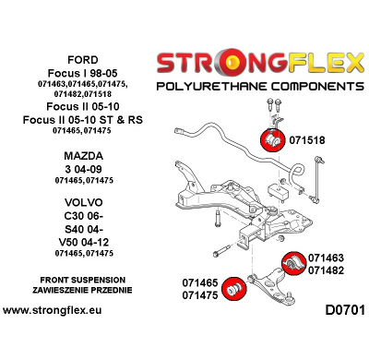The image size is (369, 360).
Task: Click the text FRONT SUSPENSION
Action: click(x=78, y=278)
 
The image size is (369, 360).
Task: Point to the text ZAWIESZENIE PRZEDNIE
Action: click(x=78, y=290)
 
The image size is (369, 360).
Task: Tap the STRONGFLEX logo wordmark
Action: click(x=259, y=63)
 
